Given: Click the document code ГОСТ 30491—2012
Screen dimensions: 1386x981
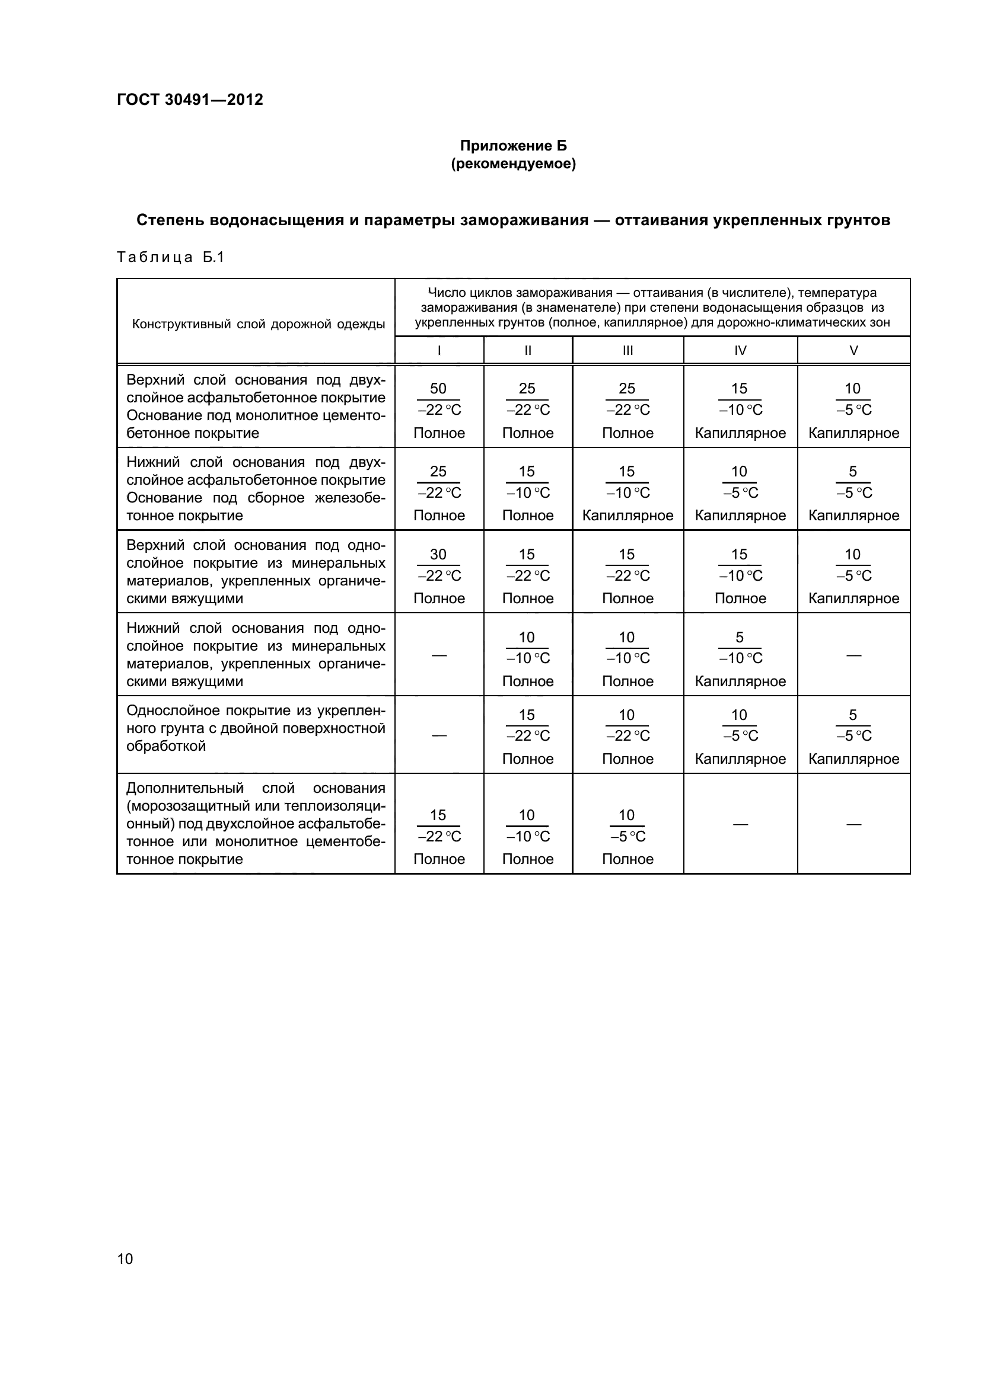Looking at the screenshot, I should [x=190, y=100].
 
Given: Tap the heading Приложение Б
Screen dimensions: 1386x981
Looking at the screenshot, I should [x=514, y=146].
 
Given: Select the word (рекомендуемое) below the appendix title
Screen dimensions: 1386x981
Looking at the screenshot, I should [x=514, y=164].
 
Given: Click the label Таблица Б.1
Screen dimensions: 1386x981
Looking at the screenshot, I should [x=170, y=257].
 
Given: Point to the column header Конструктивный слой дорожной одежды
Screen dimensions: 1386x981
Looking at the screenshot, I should [x=259, y=324].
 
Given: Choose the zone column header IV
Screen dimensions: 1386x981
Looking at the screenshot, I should [x=740, y=350].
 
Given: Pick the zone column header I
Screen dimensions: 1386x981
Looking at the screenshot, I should [x=439, y=350].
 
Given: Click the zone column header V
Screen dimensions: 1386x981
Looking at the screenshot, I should [x=853, y=350].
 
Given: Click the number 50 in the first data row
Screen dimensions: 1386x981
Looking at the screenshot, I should [x=438, y=388].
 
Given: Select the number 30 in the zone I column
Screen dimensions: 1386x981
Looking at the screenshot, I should [x=438, y=554].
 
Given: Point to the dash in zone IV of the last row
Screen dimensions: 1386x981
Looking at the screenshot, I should [x=740, y=824].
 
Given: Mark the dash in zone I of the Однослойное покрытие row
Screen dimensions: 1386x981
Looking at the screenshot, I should [x=439, y=735].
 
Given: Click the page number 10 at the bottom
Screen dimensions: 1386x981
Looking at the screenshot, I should [x=125, y=1259].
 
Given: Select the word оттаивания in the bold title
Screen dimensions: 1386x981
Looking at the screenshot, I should [x=661, y=220].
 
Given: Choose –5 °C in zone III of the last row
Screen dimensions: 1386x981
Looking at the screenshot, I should [x=628, y=836].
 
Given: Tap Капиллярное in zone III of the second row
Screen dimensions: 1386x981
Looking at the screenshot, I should [x=628, y=516].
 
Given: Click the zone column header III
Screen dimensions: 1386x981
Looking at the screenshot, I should [x=628, y=350].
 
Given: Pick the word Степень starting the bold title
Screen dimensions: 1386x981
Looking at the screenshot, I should [x=170, y=220].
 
